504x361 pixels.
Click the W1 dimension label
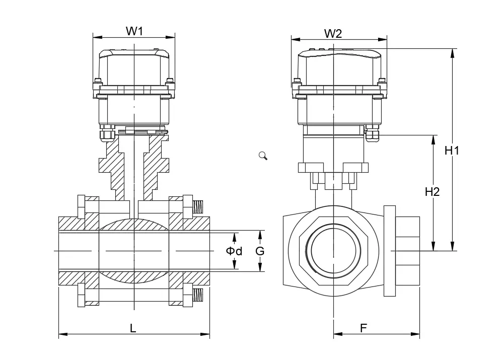[134, 31]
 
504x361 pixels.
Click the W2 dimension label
[333, 34]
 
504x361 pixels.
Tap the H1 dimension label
[452, 150]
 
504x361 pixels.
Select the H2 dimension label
[432, 192]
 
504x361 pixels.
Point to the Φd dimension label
[234, 251]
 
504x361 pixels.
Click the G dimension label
[260, 251]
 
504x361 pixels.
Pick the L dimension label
[133, 328]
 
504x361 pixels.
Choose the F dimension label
[363, 328]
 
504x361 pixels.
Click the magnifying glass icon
[263, 156]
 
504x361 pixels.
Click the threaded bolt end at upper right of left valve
[198, 205]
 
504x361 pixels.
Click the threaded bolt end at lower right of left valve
[198, 295]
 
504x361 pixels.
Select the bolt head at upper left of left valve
[82, 206]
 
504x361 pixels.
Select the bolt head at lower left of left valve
[82, 295]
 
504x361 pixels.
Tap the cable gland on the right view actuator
[372, 134]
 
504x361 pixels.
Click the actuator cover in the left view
[134, 65]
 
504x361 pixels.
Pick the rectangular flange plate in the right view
[389, 251]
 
